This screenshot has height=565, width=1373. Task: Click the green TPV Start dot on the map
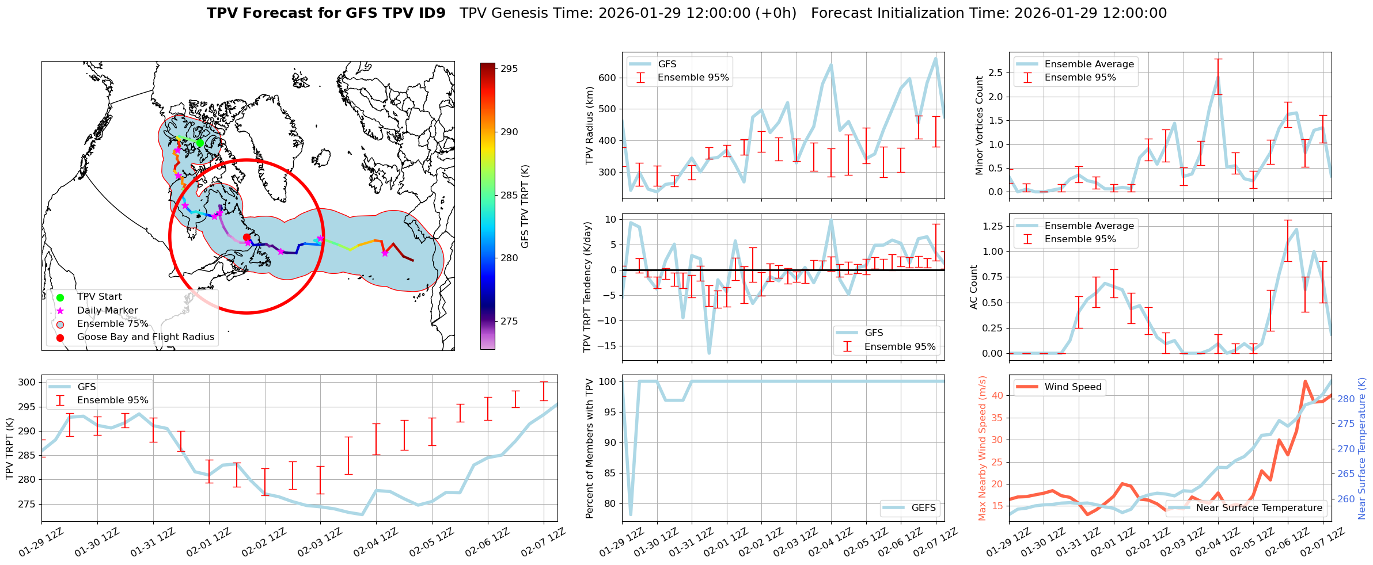[x=200, y=143]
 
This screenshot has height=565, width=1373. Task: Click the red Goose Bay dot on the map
[x=246, y=237]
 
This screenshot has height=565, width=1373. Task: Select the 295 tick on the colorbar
[x=509, y=68]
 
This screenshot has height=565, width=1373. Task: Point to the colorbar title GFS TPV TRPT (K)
[x=525, y=207]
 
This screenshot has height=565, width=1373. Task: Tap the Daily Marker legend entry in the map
[x=107, y=311]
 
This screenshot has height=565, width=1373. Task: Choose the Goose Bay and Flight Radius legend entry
[x=145, y=337]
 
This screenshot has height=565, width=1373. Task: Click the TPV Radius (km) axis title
[x=590, y=125]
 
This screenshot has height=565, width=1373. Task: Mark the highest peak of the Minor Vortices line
[x=1218, y=77]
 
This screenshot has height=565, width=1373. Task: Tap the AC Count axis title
[x=974, y=287]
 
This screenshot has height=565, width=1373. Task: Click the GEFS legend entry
[x=923, y=507]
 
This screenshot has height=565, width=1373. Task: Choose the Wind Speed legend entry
[x=1073, y=387]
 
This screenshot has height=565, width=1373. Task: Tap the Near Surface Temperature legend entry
[x=1259, y=507]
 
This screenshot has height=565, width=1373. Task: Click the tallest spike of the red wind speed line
[x=1304, y=381]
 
